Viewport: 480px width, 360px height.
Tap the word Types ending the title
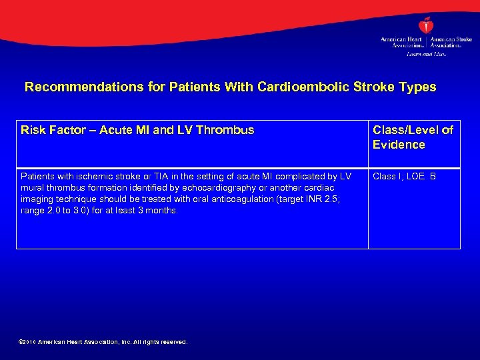point(417,87)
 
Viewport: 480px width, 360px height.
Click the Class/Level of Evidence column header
point(413,137)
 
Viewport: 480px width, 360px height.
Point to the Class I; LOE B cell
point(404,177)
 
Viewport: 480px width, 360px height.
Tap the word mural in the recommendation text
point(31,188)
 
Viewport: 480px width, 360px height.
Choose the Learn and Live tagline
point(426,54)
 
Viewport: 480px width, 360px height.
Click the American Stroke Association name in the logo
point(451,42)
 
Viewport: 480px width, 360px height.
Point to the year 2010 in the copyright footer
point(30,342)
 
